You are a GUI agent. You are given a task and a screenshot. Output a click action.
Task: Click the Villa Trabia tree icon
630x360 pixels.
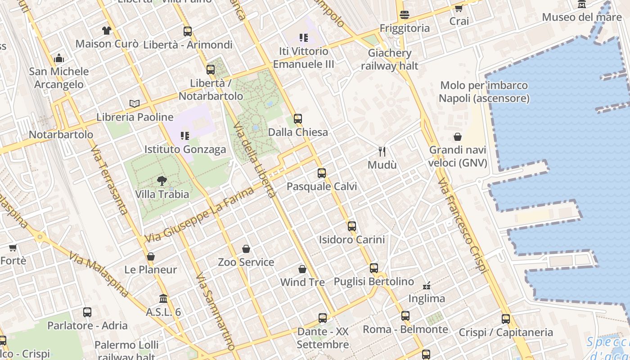point(162,181)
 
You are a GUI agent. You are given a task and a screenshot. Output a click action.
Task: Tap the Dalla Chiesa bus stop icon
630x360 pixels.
point(298,119)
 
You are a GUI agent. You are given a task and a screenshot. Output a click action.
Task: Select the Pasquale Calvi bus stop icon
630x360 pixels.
point(321,173)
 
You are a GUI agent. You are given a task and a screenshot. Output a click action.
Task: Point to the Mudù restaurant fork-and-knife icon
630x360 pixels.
point(382,151)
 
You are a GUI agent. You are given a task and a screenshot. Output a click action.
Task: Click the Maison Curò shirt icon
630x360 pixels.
point(107,31)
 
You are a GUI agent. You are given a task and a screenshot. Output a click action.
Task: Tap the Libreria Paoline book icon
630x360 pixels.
point(134,103)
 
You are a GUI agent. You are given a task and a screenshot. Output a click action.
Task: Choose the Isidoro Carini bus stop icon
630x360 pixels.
point(352,226)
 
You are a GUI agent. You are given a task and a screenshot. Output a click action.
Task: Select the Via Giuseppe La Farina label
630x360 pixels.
point(200,215)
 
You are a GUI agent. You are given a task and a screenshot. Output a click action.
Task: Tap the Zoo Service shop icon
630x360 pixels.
point(246,249)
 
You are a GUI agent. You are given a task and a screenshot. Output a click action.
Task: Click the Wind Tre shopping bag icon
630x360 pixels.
point(302,269)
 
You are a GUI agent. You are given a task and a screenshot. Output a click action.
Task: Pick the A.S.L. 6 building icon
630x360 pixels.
point(163,299)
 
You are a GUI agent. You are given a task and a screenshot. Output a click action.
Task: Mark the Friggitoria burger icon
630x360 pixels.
point(405,15)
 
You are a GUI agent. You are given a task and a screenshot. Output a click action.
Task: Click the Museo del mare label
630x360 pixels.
point(581,17)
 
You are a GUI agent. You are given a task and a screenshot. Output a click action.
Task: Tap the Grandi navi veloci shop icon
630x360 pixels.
point(458,137)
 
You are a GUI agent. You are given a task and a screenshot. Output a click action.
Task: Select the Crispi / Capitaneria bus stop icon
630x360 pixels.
point(506,319)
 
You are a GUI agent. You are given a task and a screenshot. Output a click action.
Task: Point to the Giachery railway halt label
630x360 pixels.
point(390,59)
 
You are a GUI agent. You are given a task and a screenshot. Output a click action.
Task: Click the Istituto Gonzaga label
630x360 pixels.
point(185,149)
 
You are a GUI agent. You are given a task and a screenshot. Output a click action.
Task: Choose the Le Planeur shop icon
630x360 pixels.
point(151,256)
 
